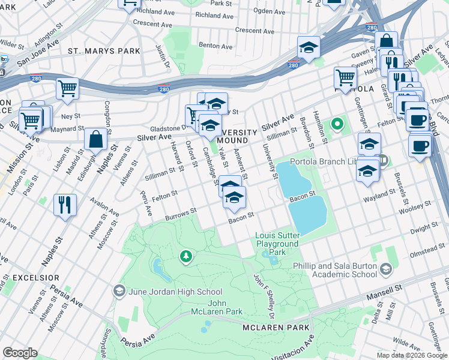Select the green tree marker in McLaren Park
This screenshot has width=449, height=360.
(186, 257)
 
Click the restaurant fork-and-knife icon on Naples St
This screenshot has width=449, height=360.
(65, 205)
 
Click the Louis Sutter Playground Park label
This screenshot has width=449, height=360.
(277, 244)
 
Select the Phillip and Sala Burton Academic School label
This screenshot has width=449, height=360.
(335, 270)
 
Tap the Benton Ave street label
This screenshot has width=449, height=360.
(215, 46)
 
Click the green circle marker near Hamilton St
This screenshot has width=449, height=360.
(337, 125)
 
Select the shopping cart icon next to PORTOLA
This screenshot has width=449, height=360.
(346, 77)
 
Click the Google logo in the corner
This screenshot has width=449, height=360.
(20, 353)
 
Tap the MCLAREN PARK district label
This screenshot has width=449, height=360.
(276, 328)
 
